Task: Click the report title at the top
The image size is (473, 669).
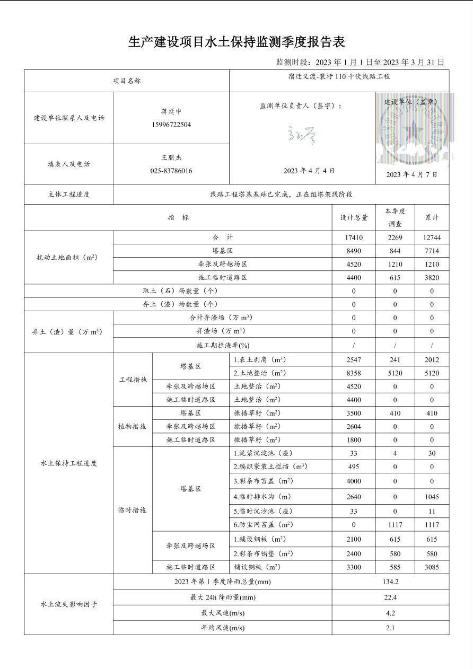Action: point(236,42)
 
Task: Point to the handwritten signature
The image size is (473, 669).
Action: point(302,136)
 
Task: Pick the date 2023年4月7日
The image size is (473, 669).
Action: point(411,174)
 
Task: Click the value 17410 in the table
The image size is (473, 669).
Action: point(354,238)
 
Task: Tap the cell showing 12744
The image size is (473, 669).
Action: point(432,238)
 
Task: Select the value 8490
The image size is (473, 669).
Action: point(354,251)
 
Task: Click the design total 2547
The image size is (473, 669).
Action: point(354,360)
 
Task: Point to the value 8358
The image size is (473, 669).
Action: point(354,373)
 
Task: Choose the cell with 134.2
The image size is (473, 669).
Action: point(390,582)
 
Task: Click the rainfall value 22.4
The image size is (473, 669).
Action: point(390,597)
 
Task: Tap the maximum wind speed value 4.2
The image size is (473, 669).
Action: point(390,613)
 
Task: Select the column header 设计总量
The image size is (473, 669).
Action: point(354,218)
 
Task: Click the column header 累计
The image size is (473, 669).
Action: point(432,218)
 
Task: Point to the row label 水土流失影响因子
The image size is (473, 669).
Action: point(68,604)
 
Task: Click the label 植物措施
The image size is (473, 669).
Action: point(133,427)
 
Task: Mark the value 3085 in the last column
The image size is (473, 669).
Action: point(432,567)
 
